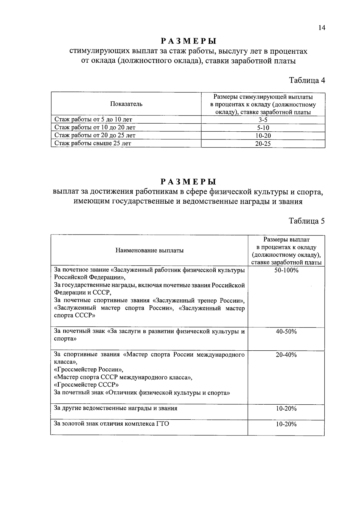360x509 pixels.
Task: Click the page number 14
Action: [322, 28]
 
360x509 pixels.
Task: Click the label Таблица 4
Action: [307, 80]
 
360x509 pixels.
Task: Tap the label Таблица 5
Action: [307, 221]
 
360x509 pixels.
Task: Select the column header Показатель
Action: [126, 104]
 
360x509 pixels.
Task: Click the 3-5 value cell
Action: [263, 120]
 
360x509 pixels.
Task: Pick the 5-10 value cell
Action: [263, 128]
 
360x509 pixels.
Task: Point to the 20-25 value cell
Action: [263, 144]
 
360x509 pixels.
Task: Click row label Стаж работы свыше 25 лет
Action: [93, 143]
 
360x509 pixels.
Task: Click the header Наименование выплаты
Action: [149, 250]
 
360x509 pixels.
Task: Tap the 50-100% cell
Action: [286, 270]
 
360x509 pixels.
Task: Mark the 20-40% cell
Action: [286, 355]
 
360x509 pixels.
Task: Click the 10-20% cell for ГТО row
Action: [286, 424]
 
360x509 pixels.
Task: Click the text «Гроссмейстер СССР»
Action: [86, 385]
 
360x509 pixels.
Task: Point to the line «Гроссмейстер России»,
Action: [88, 370]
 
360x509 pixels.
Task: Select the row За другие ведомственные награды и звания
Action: [115, 408]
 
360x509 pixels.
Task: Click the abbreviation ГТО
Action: [162, 424]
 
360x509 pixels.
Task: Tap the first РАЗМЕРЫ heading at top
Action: [188, 41]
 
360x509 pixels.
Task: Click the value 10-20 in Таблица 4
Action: [263, 136]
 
